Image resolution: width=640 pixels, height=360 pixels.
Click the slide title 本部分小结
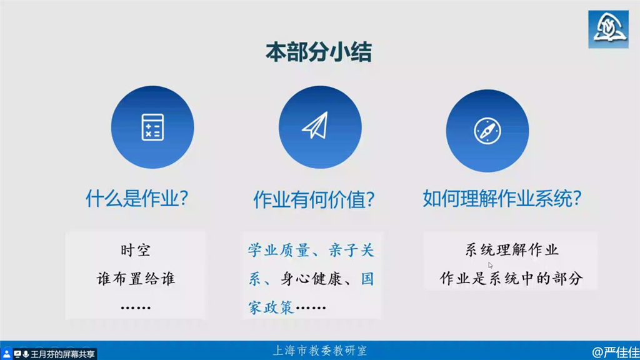point(318,52)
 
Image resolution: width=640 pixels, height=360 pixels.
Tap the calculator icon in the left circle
point(152,127)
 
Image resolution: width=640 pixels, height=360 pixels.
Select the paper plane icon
point(315,125)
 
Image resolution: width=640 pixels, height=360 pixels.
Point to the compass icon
point(487,131)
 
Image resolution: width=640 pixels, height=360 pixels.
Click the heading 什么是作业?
point(137,199)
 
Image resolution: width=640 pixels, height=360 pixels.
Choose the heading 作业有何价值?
point(314,199)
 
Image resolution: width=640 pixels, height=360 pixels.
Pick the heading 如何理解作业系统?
point(502,199)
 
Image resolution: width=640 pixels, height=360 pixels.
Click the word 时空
point(136,250)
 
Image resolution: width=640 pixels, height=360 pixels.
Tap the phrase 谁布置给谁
point(136,279)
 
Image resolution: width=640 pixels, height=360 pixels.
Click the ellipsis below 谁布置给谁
point(136,307)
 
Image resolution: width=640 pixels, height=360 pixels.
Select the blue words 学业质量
point(279,250)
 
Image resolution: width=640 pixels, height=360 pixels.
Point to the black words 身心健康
point(311,279)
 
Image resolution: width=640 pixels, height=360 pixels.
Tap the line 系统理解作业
point(511,250)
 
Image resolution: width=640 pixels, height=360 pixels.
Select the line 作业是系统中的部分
point(511,278)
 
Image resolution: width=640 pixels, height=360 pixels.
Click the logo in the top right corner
point(608,29)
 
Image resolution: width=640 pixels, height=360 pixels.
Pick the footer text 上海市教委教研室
point(319,351)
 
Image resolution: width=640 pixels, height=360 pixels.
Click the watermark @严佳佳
point(616,352)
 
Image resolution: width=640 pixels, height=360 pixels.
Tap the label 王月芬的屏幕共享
point(62,354)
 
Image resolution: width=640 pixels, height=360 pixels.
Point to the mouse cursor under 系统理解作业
point(490,265)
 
